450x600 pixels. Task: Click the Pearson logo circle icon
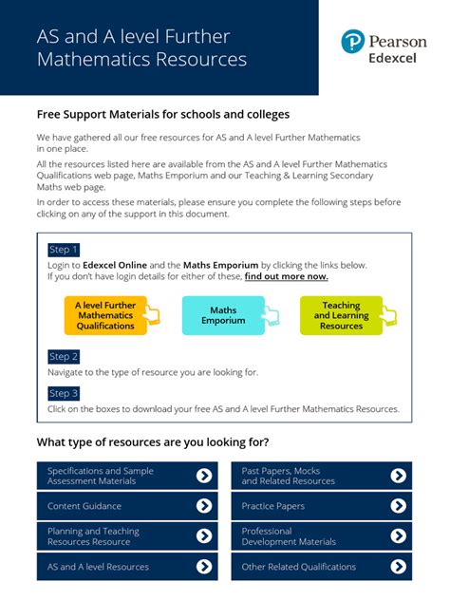point(353,41)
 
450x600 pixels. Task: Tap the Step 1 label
point(64,250)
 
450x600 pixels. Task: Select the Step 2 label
point(64,357)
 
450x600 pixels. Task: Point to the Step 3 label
point(64,393)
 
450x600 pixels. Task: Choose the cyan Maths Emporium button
point(223,316)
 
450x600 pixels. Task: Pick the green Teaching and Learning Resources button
point(341,316)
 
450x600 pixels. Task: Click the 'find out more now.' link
point(286,276)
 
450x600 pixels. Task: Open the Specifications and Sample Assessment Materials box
point(127,476)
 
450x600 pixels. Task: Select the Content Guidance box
point(127,506)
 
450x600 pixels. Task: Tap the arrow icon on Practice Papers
point(399,506)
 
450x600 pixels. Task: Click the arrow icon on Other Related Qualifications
point(399,567)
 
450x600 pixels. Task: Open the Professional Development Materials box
point(321,536)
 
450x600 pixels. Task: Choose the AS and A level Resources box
point(127,567)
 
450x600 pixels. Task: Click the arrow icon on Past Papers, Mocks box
point(399,476)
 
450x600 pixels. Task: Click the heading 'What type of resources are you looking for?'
point(153,441)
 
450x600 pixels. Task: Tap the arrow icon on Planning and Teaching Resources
point(204,536)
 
